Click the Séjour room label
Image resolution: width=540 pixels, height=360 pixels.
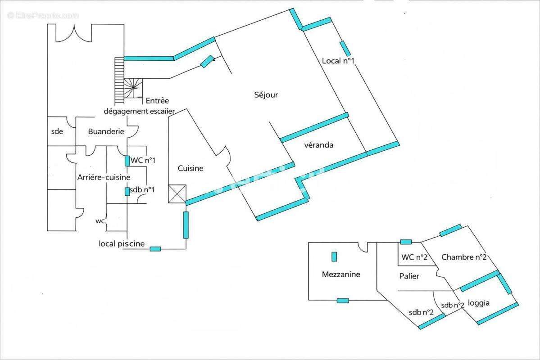point(266,94)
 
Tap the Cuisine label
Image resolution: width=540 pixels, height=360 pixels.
point(191,168)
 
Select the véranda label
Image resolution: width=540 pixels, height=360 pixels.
point(318,145)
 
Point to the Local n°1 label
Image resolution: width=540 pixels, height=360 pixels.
point(338,61)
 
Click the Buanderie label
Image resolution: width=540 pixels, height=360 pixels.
point(106,131)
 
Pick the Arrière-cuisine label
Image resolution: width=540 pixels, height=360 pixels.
point(104,177)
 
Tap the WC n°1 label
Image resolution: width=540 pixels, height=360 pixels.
point(143,160)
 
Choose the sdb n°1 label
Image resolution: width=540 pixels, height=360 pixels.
point(142,189)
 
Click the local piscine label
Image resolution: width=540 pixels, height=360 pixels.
point(122,243)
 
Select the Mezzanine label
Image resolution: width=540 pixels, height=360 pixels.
point(341,274)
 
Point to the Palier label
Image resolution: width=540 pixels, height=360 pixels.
point(409,276)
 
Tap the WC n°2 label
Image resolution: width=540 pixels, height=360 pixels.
point(414,257)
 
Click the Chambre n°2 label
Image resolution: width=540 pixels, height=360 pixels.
point(464,257)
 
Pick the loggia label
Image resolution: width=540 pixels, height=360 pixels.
point(479,303)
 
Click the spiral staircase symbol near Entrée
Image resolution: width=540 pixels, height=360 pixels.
point(133,89)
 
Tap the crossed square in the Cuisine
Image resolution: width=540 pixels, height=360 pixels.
point(177,194)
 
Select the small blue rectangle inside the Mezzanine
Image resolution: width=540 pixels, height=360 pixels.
point(334,257)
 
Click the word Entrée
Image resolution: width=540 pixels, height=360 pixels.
point(157,100)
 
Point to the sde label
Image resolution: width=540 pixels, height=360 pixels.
point(57,131)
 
